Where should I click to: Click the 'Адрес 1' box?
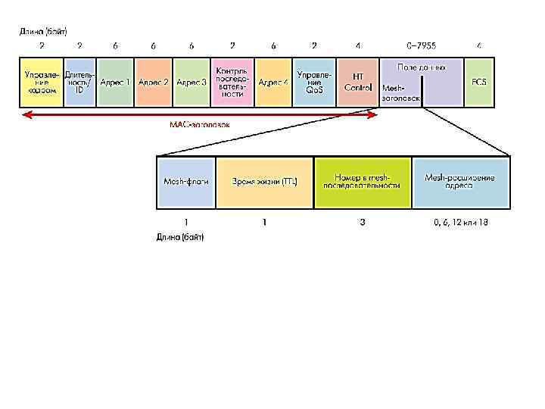pos(116,82)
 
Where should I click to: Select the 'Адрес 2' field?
pos(154,82)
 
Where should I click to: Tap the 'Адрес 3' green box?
pos(192,82)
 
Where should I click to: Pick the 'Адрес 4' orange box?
pos(273,82)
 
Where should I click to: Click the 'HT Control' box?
pos(358,82)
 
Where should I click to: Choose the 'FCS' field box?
pos(478,82)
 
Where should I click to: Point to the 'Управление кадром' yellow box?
pos(41,82)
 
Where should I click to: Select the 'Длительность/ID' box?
pos(79,82)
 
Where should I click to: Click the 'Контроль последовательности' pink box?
pos(232,82)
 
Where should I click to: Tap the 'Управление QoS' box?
pos(314,82)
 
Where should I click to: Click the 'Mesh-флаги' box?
pos(186,182)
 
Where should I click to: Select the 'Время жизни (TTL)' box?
pos(265,182)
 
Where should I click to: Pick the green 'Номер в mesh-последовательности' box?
pos(363,182)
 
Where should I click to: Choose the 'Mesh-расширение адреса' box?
pos(460,182)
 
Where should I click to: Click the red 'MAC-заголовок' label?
pos(199,124)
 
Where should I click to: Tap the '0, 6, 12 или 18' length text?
pos(460,223)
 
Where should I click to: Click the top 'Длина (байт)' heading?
pos(43,32)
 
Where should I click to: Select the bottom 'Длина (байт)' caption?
pos(180,237)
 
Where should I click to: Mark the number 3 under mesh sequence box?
pos(363,223)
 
